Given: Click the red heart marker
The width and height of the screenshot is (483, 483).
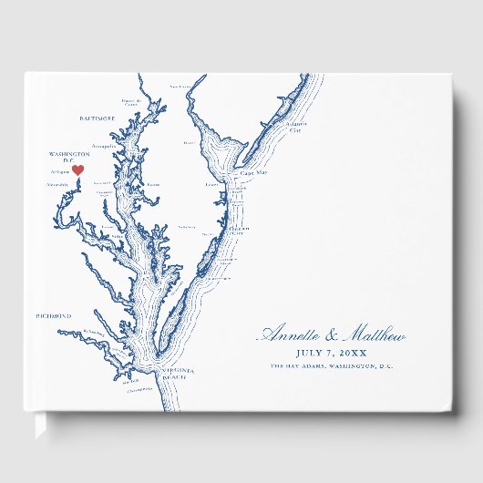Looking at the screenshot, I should pos(77,169).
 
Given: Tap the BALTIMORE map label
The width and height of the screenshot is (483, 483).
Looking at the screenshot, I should pos(97,118).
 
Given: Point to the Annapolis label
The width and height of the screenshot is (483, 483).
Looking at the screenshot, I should pos(104,146).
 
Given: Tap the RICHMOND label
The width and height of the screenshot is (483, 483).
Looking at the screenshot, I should pos(53,315).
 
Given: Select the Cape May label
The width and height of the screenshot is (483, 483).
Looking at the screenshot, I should pos(252,170).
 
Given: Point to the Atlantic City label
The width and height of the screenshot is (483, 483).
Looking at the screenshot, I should pos(294,127).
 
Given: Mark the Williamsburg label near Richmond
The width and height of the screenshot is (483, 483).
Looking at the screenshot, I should pos(93,332).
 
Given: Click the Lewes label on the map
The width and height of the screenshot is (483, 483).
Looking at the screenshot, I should pos(211,183).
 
